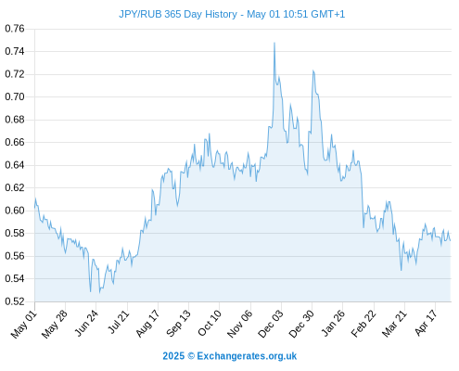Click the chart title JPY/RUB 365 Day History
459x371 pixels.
(x=178, y=14)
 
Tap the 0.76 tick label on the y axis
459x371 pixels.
(x=15, y=29)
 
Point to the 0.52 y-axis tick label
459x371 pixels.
(x=15, y=301)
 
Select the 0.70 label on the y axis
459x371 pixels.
(x=15, y=96)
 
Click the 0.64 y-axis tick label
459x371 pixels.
(x=15, y=165)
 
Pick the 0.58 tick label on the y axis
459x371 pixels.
(x=15, y=233)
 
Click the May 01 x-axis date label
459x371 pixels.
(x=24, y=325)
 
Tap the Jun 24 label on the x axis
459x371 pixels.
(x=87, y=324)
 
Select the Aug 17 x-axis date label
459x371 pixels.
(x=148, y=324)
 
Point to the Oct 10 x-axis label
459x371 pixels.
(x=210, y=324)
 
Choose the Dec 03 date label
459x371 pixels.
(x=271, y=325)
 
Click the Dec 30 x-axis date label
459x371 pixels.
(x=301, y=325)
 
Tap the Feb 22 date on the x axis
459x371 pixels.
(x=363, y=324)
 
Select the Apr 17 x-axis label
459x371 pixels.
(x=427, y=324)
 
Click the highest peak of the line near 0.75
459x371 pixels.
(x=274, y=43)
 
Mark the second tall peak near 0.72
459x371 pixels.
(x=313, y=70)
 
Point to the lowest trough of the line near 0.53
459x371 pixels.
(x=100, y=292)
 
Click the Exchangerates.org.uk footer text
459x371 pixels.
(x=247, y=356)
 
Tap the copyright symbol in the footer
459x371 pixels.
(x=191, y=356)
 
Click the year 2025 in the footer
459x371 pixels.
(x=173, y=356)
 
